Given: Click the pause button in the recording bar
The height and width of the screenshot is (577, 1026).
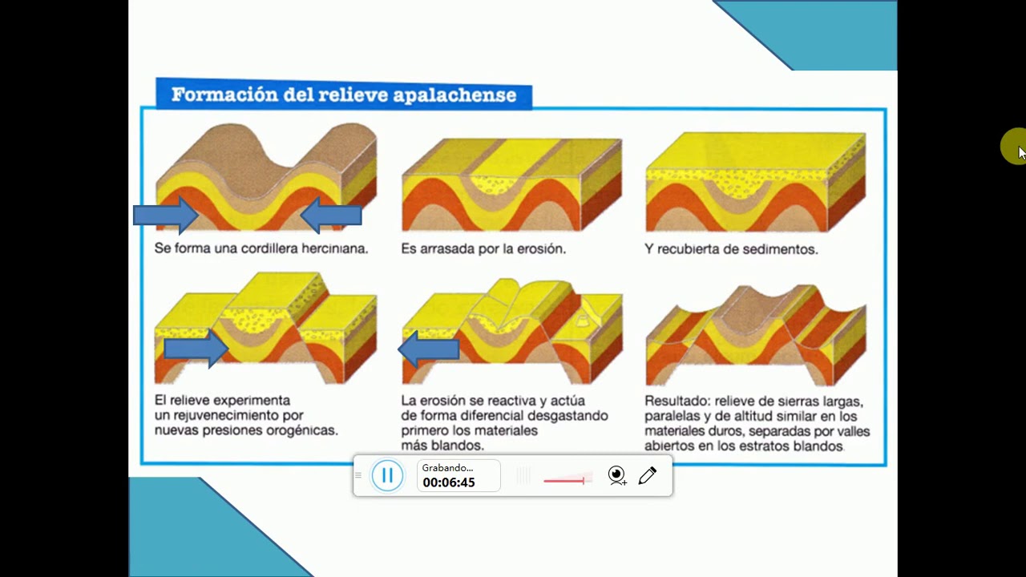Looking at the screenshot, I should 387,476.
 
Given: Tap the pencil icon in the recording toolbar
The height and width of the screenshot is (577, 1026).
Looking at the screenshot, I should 648,476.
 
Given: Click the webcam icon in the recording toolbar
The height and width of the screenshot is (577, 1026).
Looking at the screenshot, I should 616,476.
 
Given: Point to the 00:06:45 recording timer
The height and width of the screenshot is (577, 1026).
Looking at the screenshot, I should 449,482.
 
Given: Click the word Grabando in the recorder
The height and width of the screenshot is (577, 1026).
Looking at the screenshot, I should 447,467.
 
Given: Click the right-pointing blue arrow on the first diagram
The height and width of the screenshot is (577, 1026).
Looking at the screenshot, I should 166,215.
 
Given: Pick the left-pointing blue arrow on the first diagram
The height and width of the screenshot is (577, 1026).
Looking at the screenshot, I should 331,215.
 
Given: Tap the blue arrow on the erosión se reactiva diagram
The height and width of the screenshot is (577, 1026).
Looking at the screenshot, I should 429,349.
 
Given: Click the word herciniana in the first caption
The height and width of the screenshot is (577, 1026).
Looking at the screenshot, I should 335,248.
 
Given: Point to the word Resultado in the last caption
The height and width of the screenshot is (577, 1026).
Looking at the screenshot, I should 677,401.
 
